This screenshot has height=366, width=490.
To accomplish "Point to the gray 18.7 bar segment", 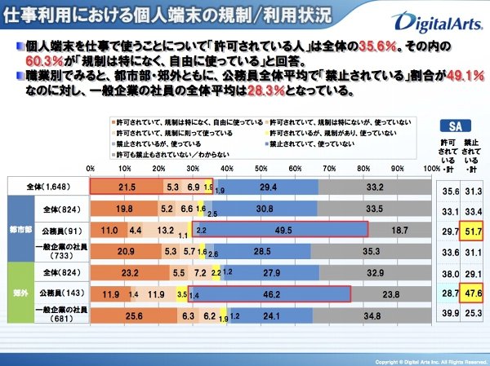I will [x=400, y=232].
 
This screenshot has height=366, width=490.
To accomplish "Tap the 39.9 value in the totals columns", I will [x=447, y=313].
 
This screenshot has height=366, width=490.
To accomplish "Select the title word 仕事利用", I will [x=33, y=15].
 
